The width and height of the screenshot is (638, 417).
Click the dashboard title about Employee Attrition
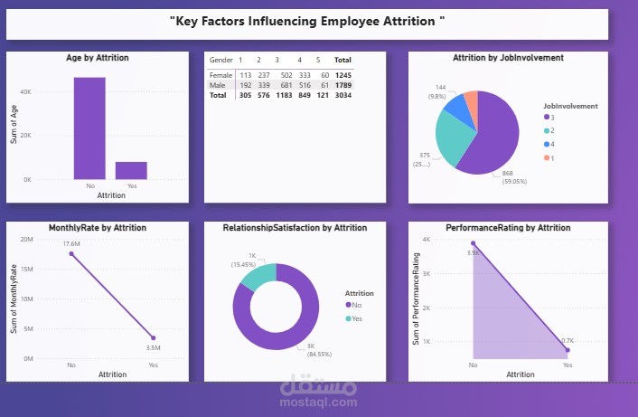click(307, 20)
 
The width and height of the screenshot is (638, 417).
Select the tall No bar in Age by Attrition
click(89, 128)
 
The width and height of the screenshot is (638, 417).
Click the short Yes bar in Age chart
click(132, 171)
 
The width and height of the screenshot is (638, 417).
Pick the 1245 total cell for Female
click(342, 74)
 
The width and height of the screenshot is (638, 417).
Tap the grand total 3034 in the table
click(342, 94)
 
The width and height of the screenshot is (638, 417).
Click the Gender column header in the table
click(220, 60)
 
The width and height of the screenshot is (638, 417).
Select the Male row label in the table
click(217, 84)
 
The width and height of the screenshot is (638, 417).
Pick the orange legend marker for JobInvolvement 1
click(546, 159)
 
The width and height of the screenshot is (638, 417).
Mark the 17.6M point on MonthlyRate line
click(71, 254)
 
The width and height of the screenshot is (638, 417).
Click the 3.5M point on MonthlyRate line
click(153, 338)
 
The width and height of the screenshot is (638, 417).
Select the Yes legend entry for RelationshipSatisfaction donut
click(356, 318)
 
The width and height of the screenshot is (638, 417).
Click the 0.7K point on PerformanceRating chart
click(568, 350)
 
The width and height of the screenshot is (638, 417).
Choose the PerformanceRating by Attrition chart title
click(508, 228)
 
